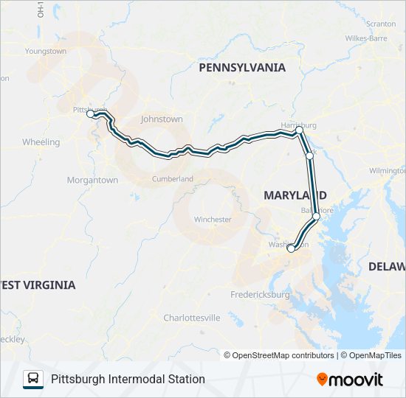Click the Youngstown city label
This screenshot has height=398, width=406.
click(46, 51)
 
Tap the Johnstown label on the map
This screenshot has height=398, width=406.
click(161, 119)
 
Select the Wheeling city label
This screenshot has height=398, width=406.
click(41, 142)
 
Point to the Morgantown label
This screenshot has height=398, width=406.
click(92, 179)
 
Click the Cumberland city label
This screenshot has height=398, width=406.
click(173, 178)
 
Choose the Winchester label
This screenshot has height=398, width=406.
click(213, 220)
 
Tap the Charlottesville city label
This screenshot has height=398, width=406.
click(191, 318)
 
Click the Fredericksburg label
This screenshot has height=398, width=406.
click(260, 294)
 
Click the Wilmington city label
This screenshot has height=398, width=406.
click(388, 170)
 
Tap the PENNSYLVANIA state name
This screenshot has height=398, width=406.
click(242, 67)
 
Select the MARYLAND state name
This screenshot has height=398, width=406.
click(295, 194)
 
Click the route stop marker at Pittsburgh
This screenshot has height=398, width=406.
click(90, 114)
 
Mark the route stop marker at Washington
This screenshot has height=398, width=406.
click(290, 248)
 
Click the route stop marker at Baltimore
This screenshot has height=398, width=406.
click(316, 216)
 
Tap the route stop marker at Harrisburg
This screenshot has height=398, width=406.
click(299, 130)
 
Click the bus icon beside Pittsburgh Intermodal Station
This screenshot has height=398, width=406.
click(33, 379)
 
